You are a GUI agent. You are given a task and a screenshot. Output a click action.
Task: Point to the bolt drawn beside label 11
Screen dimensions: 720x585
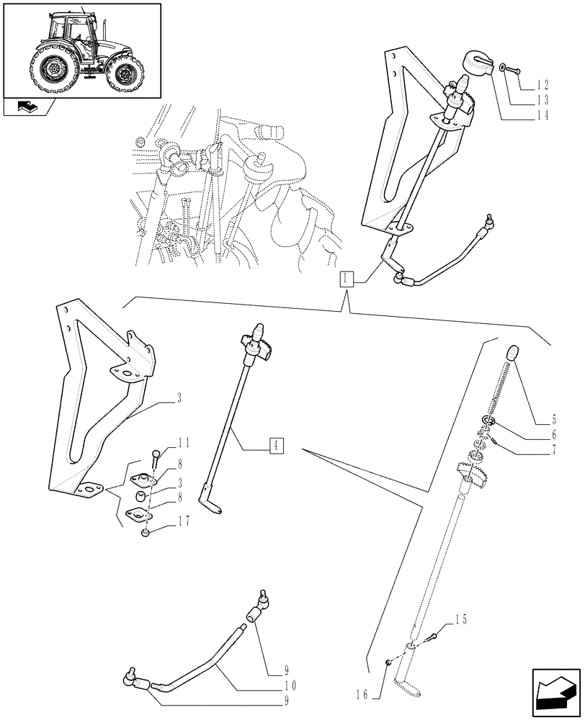157,458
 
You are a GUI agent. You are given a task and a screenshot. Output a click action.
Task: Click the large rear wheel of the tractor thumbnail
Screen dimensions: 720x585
53,68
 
